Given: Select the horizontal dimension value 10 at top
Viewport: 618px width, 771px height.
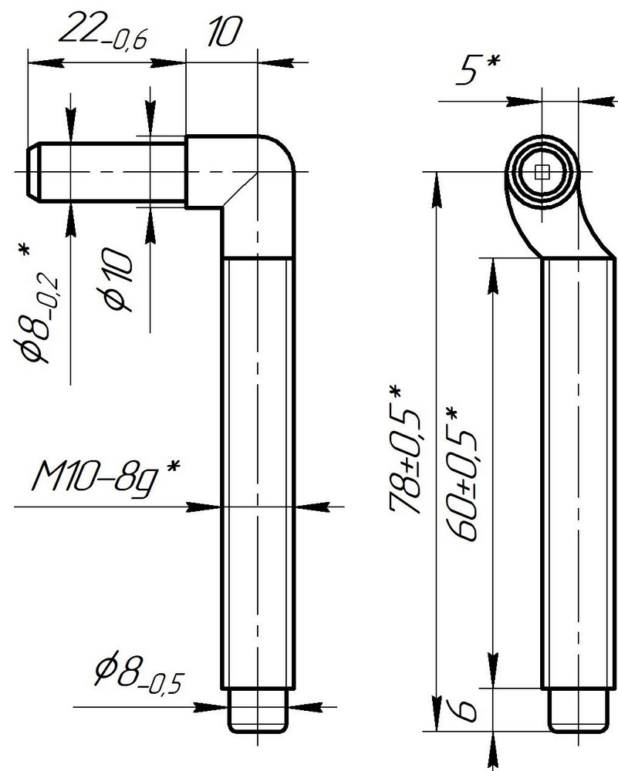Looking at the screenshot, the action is (224, 32).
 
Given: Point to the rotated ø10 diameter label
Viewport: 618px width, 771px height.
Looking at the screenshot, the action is (118, 279).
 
